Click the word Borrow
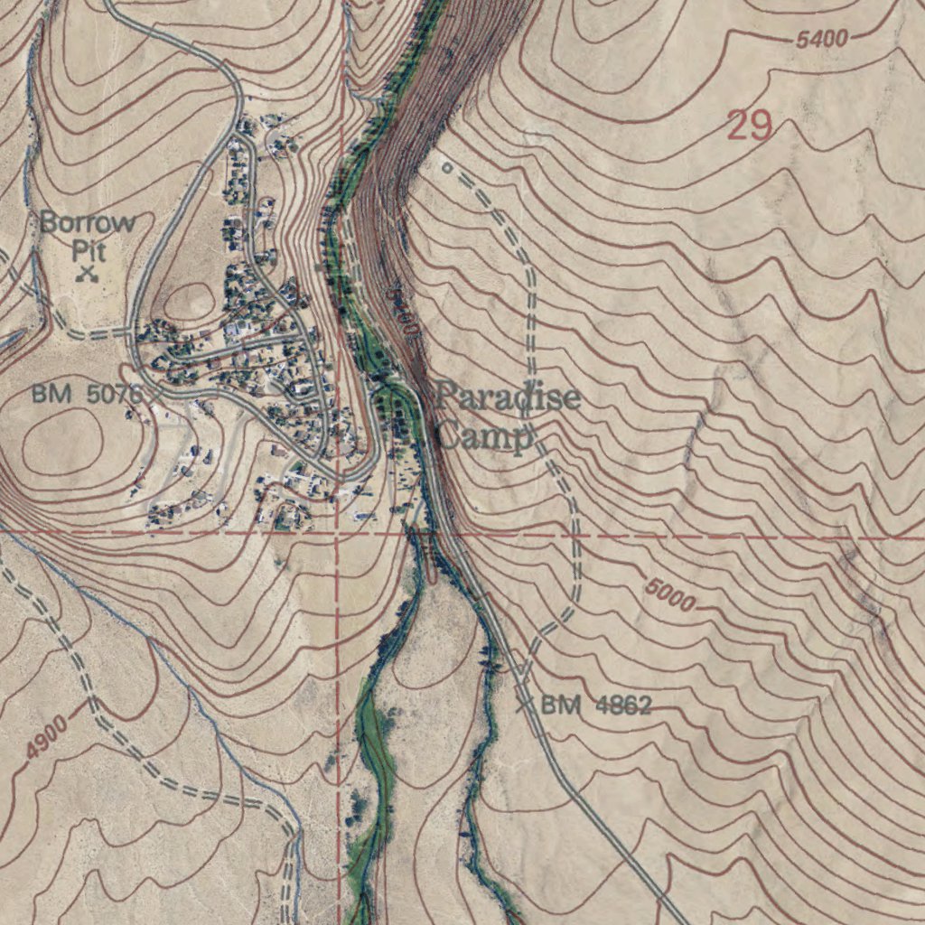point(88,222)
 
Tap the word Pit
point(89,249)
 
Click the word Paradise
point(509,397)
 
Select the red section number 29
point(750,126)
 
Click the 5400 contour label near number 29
point(822,39)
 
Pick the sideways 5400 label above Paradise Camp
point(403,313)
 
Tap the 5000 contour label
point(669,594)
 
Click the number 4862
point(623,705)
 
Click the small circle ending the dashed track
point(445,167)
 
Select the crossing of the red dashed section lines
point(338,534)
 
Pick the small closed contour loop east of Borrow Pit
point(188,299)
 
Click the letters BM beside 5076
point(52,394)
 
